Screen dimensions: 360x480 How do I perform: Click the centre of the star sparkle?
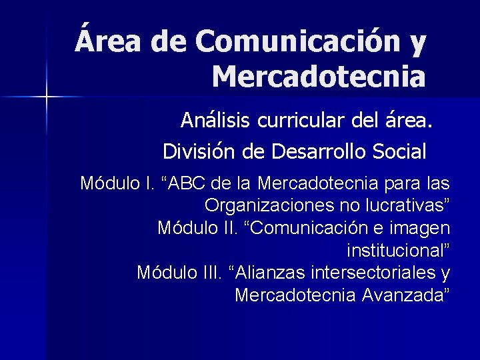tap(46, 97)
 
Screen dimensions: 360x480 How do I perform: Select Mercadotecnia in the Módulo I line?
tap(316, 183)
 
